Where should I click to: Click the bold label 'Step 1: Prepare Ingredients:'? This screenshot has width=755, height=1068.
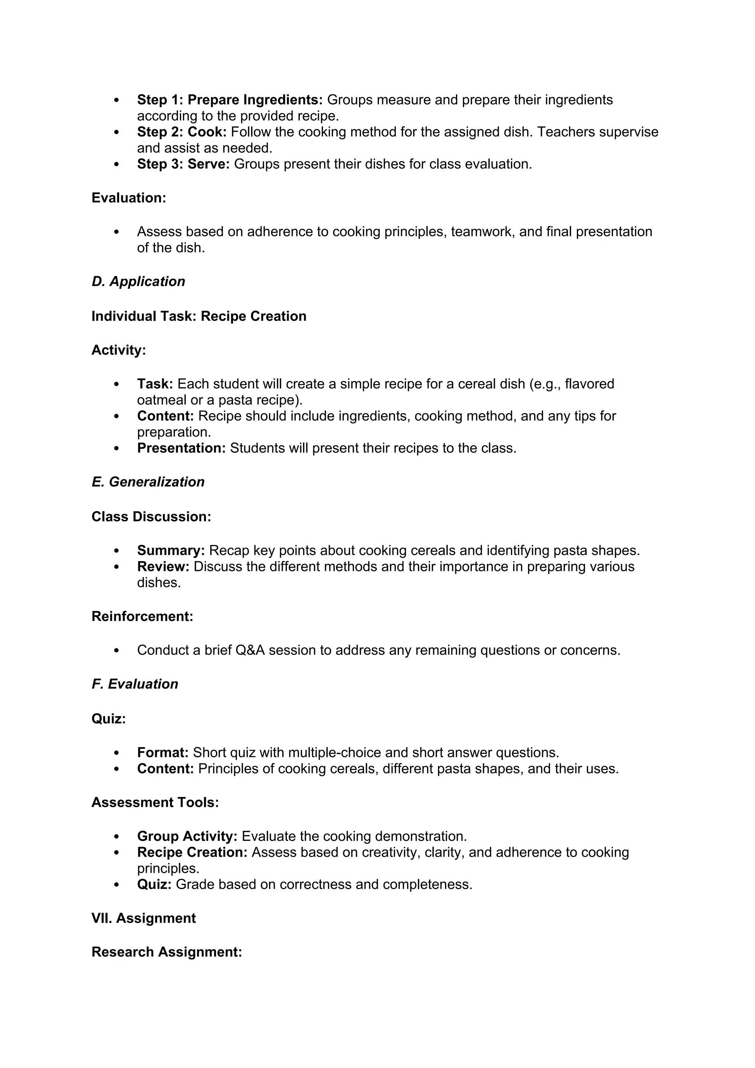coord(230,100)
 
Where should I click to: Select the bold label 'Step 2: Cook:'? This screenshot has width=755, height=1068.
coord(181,132)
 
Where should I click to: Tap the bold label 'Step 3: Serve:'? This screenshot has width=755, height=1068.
coord(183,164)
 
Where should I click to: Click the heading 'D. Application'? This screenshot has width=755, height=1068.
coord(138,282)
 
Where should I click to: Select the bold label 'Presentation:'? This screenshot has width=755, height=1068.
coord(181,448)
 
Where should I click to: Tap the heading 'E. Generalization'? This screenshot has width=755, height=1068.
coord(148,482)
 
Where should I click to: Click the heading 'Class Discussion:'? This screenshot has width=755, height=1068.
coord(151,517)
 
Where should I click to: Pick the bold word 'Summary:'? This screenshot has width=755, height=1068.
coord(171,551)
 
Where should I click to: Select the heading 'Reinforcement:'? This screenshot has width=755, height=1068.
coord(142,617)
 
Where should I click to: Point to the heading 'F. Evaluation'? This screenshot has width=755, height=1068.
coord(135,684)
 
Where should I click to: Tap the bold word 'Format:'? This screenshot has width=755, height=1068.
coord(163,753)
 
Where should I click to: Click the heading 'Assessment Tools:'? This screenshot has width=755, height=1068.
coord(155,803)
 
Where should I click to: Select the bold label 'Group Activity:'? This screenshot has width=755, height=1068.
coord(187,837)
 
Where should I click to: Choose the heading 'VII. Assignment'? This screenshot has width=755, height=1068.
coord(144,919)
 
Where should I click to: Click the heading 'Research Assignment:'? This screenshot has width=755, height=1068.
coord(166,953)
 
